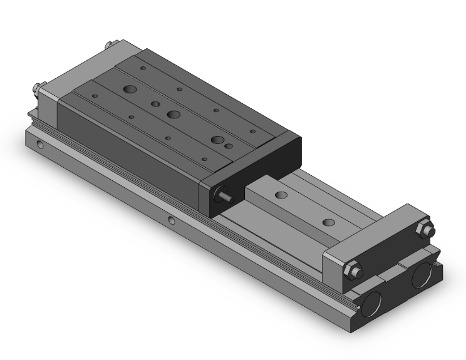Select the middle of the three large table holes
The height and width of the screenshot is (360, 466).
tap(172, 115)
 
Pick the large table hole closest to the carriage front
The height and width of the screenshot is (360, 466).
tap(217, 140)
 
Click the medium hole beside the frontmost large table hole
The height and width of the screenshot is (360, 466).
tap(229, 147)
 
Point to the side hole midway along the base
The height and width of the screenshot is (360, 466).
tap(172, 220)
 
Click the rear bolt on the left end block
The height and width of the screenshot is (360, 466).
tap(110, 46)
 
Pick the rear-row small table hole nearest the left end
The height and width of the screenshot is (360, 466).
tap(143, 67)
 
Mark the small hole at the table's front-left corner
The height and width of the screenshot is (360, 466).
tap(95, 96)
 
